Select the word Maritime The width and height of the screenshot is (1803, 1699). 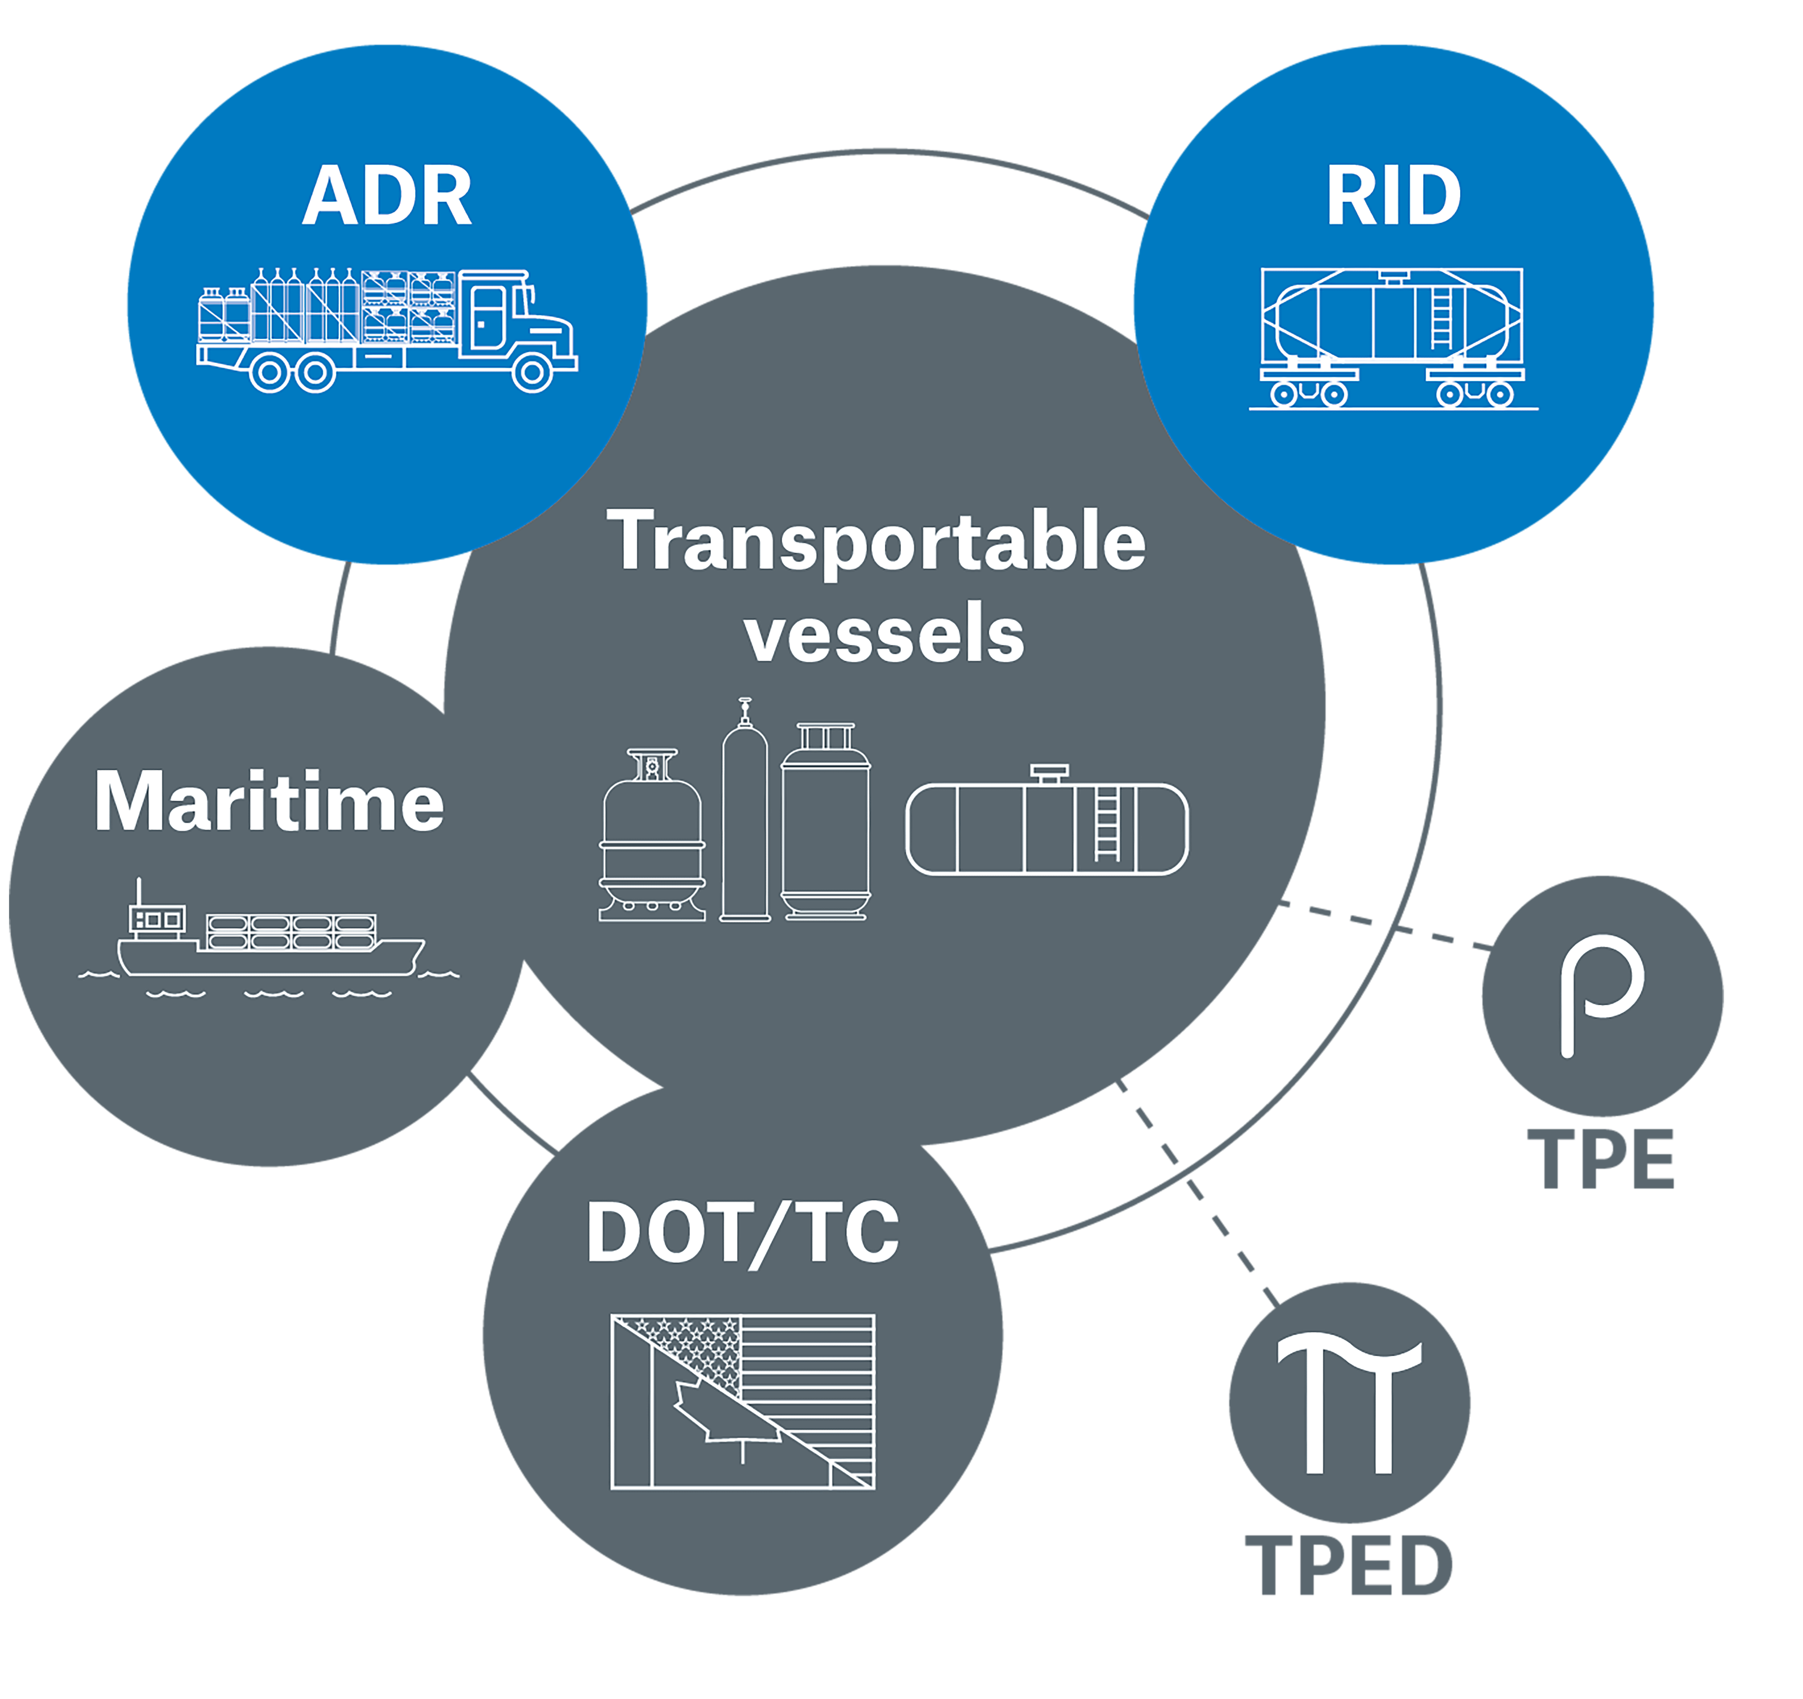coord(269,802)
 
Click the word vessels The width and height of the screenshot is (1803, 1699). coord(884,635)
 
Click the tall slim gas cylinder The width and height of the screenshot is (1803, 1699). coord(745,817)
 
